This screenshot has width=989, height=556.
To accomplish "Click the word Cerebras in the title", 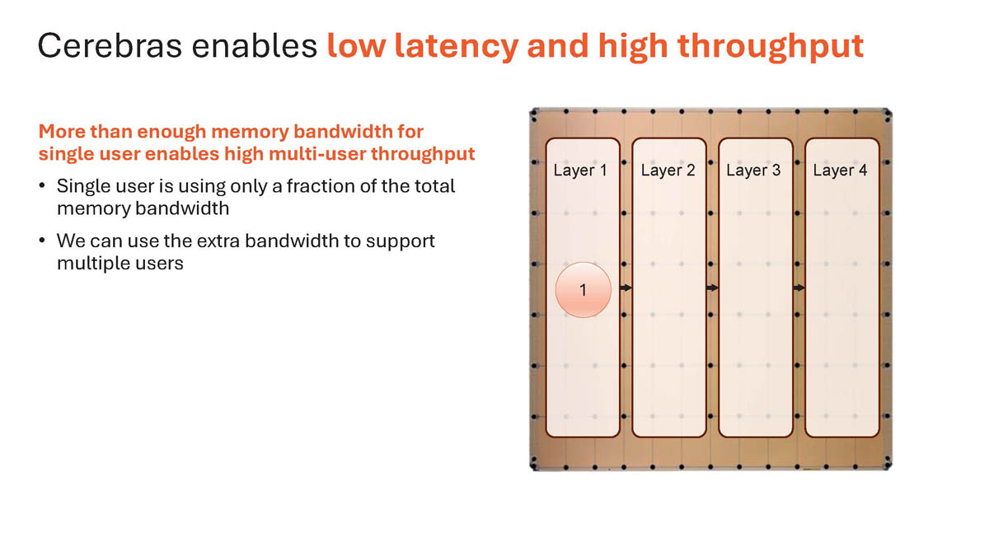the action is coord(110,45).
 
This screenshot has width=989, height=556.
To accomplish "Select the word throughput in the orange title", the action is coord(770,47).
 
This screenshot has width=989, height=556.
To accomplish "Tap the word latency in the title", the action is coord(456,47).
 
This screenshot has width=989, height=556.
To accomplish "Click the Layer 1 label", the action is coord(580,171).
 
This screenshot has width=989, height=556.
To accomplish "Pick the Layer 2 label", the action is coord(668,171).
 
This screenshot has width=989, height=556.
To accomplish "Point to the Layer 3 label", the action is coord(753,171).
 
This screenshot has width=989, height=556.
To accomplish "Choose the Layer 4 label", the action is coord(840,171).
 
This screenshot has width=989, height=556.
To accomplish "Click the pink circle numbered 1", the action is coord(583,290).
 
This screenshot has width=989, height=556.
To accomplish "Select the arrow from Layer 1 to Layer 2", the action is coord(626,287).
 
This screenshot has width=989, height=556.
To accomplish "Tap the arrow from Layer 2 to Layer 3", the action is coord(712,287).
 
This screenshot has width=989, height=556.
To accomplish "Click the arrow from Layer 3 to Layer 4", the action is coord(799,287).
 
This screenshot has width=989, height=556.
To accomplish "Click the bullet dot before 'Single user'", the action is coord(42,185).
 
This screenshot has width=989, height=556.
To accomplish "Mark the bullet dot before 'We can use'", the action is coord(42,241).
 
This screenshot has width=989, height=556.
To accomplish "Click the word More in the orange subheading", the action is coord(62,132).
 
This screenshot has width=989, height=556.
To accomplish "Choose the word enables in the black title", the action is coord(255,45).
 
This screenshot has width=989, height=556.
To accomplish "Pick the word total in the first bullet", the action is coord(434,186).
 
